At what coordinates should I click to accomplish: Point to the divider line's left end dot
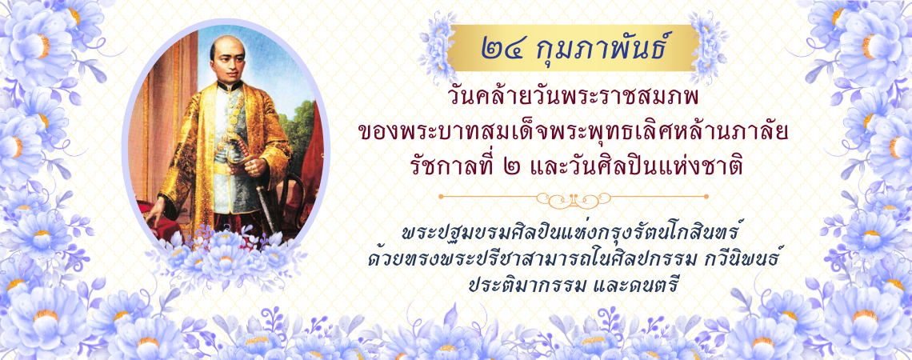coord(440,197)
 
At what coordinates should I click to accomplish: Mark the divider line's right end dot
coord(706,197)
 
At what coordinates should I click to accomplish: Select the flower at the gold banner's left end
coord(438,46)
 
